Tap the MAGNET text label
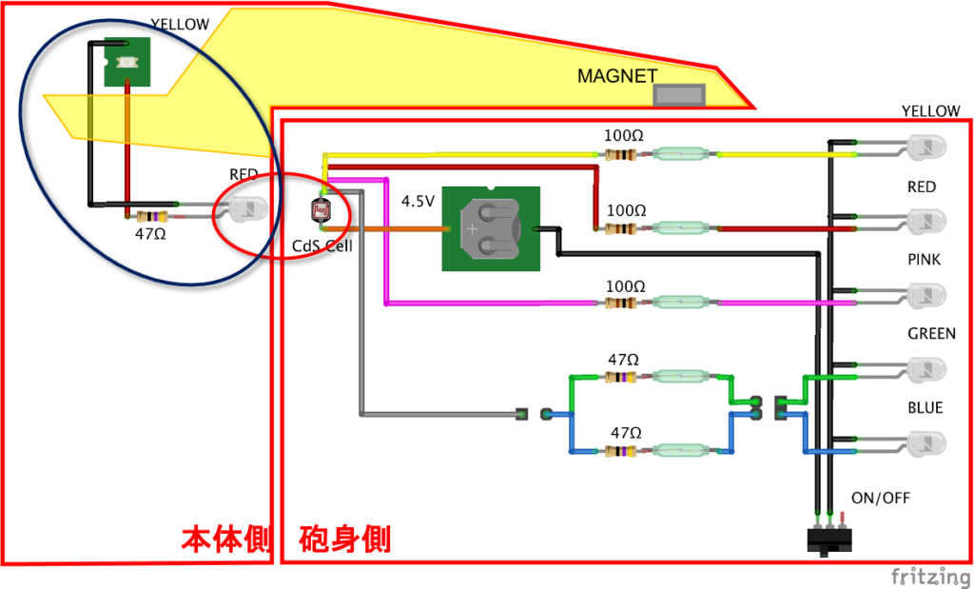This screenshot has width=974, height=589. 617,75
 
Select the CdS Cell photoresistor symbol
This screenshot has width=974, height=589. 322,209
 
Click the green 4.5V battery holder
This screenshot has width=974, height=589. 491,228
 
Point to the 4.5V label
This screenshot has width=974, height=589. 418,202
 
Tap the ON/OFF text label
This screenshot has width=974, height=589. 880,498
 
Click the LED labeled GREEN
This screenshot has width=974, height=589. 925,369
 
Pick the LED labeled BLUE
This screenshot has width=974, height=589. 925,443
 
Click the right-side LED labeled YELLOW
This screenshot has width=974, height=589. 925,147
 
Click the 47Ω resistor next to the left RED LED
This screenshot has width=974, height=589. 153,216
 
